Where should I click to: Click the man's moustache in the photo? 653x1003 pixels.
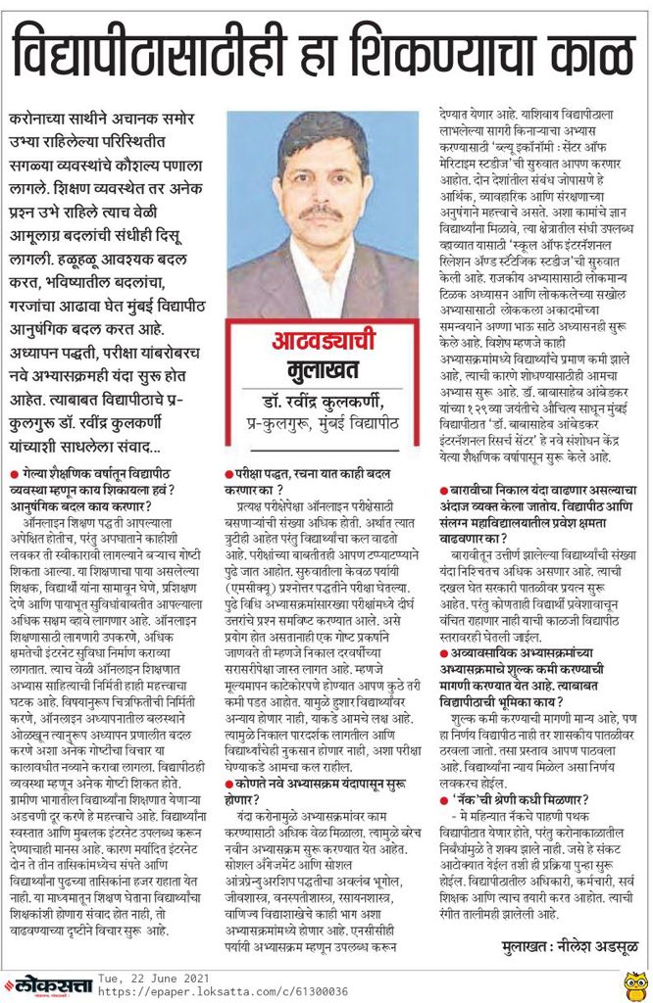click(320, 211)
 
